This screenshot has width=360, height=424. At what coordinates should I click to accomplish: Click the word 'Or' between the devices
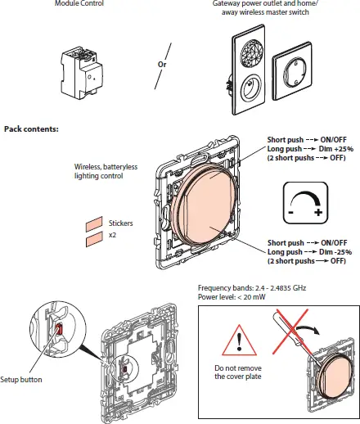(x=162, y=63)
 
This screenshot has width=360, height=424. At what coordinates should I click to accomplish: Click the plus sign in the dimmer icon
(x=319, y=212)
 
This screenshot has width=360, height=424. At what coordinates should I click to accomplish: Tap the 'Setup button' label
(x=21, y=380)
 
